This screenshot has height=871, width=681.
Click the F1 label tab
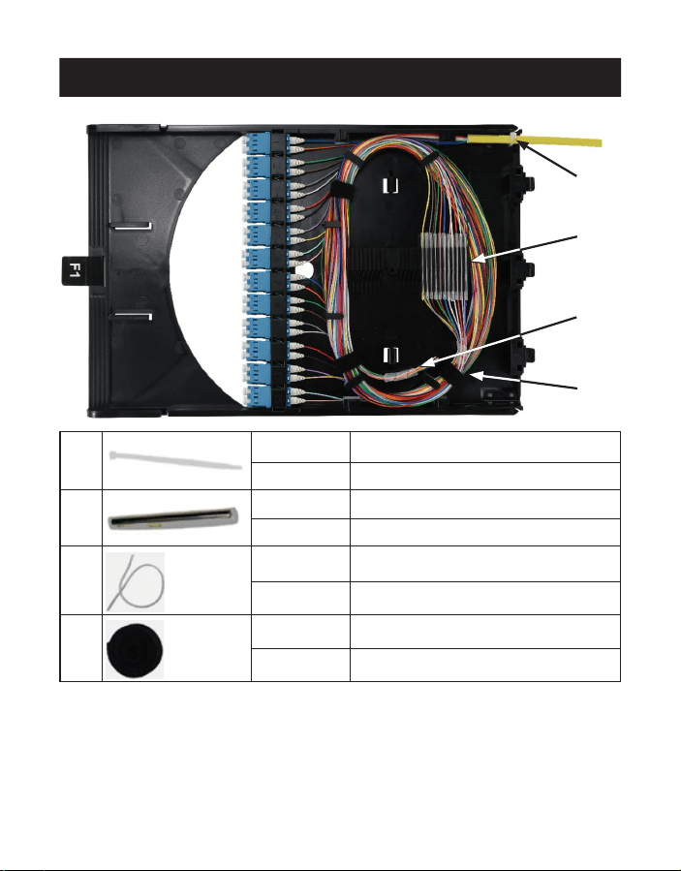coord(75,270)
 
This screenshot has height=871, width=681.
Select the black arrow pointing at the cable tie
coord(547,159)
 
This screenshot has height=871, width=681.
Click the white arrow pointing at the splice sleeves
coord(524,248)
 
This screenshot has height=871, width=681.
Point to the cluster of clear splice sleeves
coord(445,266)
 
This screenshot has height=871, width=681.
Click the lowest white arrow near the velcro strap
coord(523,381)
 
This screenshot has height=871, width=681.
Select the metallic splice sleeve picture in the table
coord(173,519)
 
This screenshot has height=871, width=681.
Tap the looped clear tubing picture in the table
coord(135,582)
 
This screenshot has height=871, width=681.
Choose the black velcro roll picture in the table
coord(135,649)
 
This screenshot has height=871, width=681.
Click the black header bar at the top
coord(340,78)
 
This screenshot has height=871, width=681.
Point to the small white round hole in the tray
coord(303,271)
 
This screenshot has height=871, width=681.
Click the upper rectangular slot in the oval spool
coord(390,185)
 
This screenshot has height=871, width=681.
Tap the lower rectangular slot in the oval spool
coord(391,355)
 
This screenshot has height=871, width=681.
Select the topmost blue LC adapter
coord(258,142)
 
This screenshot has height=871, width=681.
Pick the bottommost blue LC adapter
coord(258,396)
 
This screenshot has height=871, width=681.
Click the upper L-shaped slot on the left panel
coord(131,226)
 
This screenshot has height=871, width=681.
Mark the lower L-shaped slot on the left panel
coord(134,317)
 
